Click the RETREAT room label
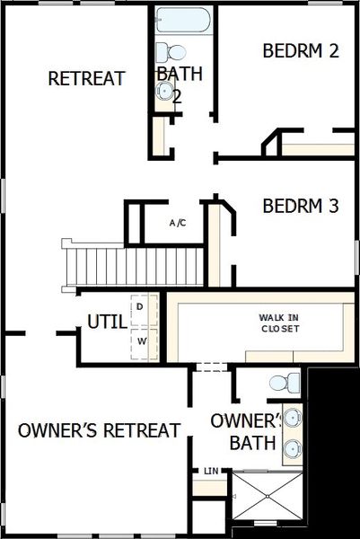(86, 78)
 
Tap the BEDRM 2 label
(300, 50)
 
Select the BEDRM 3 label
(300, 206)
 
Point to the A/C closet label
(178, 222)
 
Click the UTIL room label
(106, 322)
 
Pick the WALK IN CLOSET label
(279, 323)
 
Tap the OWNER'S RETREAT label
(99, 430)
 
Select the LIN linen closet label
(211, 471)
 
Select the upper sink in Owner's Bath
(293, 418)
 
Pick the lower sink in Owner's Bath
(293, 449)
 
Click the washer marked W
(141, 341)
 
